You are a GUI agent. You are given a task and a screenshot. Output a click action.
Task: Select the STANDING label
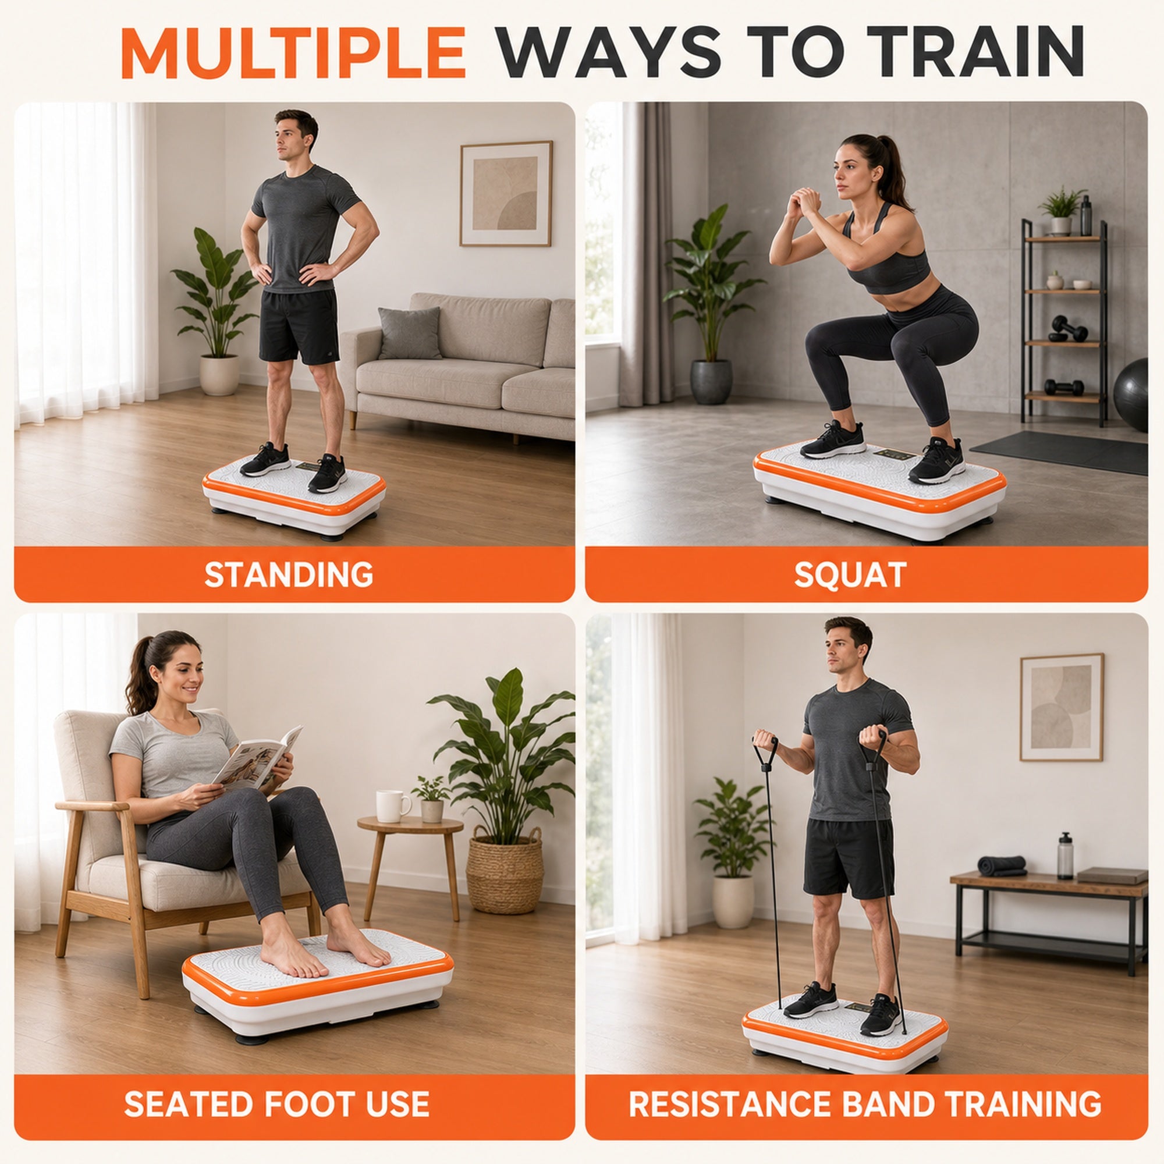(x=289, y=574)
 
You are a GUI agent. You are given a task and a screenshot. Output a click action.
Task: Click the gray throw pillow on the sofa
(x=410, y=333)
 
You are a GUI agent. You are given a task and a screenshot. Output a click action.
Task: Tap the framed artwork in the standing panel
(x=506, y=193)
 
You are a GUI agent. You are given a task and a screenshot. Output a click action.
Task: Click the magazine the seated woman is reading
(x=258, y=758)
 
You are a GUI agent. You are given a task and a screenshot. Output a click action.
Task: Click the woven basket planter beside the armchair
(x=505, y=870)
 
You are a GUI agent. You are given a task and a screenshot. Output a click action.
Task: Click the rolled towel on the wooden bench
(x=1001, y=865)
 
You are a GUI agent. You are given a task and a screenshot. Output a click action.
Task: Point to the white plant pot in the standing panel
(x=219, y=375)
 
